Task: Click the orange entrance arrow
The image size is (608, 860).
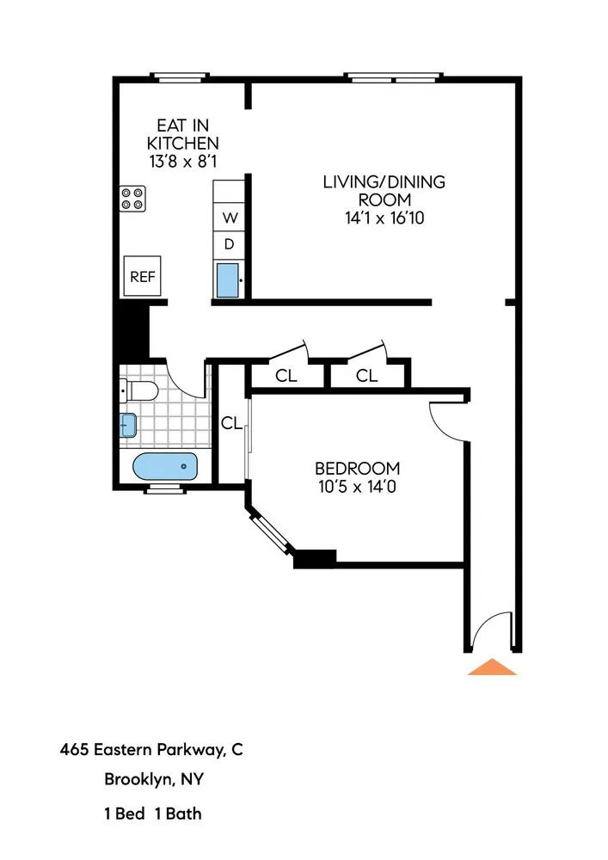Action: tap(492, 667)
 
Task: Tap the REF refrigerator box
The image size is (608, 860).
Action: tap(142, 276)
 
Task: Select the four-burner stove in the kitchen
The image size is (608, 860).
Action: tap(132, 199)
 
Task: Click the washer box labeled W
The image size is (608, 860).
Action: tap(230, 217)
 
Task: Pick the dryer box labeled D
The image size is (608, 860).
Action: tap(230, 244)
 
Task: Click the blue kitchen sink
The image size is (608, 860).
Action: tap(228, 280)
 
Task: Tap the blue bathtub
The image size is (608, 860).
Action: tap(165, 468)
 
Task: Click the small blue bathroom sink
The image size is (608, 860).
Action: tap(127, 425)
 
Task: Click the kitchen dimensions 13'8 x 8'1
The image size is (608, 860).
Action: tap(182, 160)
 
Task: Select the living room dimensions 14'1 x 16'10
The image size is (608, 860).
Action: tap(384, 218)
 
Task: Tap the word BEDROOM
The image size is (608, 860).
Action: tap(357, 469)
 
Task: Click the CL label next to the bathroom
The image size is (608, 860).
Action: tap(230, 422)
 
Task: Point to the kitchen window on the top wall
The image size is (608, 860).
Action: tap(180, 77)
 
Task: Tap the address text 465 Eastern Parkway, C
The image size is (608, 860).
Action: tap(151, 749)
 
